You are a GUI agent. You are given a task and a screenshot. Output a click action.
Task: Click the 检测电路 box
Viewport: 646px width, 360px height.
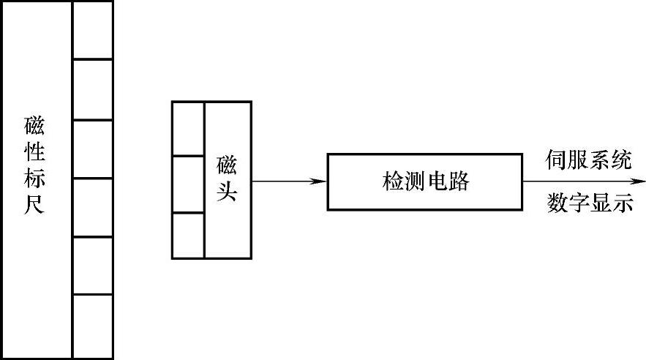tap(424, 181)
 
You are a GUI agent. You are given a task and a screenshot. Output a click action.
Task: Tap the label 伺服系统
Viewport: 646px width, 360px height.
tap(589, 160)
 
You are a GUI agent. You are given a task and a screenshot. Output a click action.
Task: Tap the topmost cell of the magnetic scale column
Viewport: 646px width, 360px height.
tap(93, 30)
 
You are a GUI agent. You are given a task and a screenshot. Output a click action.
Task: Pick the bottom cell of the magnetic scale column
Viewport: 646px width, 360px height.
tap(93, 326)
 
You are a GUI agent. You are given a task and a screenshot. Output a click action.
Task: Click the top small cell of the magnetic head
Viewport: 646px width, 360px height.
tap(188, 129)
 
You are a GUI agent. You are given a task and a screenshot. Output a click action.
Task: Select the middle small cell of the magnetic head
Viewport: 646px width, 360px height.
tap(188, 184)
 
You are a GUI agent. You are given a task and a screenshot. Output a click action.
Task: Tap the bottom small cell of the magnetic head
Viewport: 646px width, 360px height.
tap(188, 235)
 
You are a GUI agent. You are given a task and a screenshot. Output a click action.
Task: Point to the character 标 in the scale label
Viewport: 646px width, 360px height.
tap(34, 179)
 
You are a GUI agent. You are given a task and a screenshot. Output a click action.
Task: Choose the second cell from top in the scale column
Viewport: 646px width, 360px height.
tap(93, 89)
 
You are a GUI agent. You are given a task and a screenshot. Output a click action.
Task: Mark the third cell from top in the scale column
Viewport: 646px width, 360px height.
tap(93, 149)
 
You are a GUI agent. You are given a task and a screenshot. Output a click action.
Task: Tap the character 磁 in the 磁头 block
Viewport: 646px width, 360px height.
tap(228, 164)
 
